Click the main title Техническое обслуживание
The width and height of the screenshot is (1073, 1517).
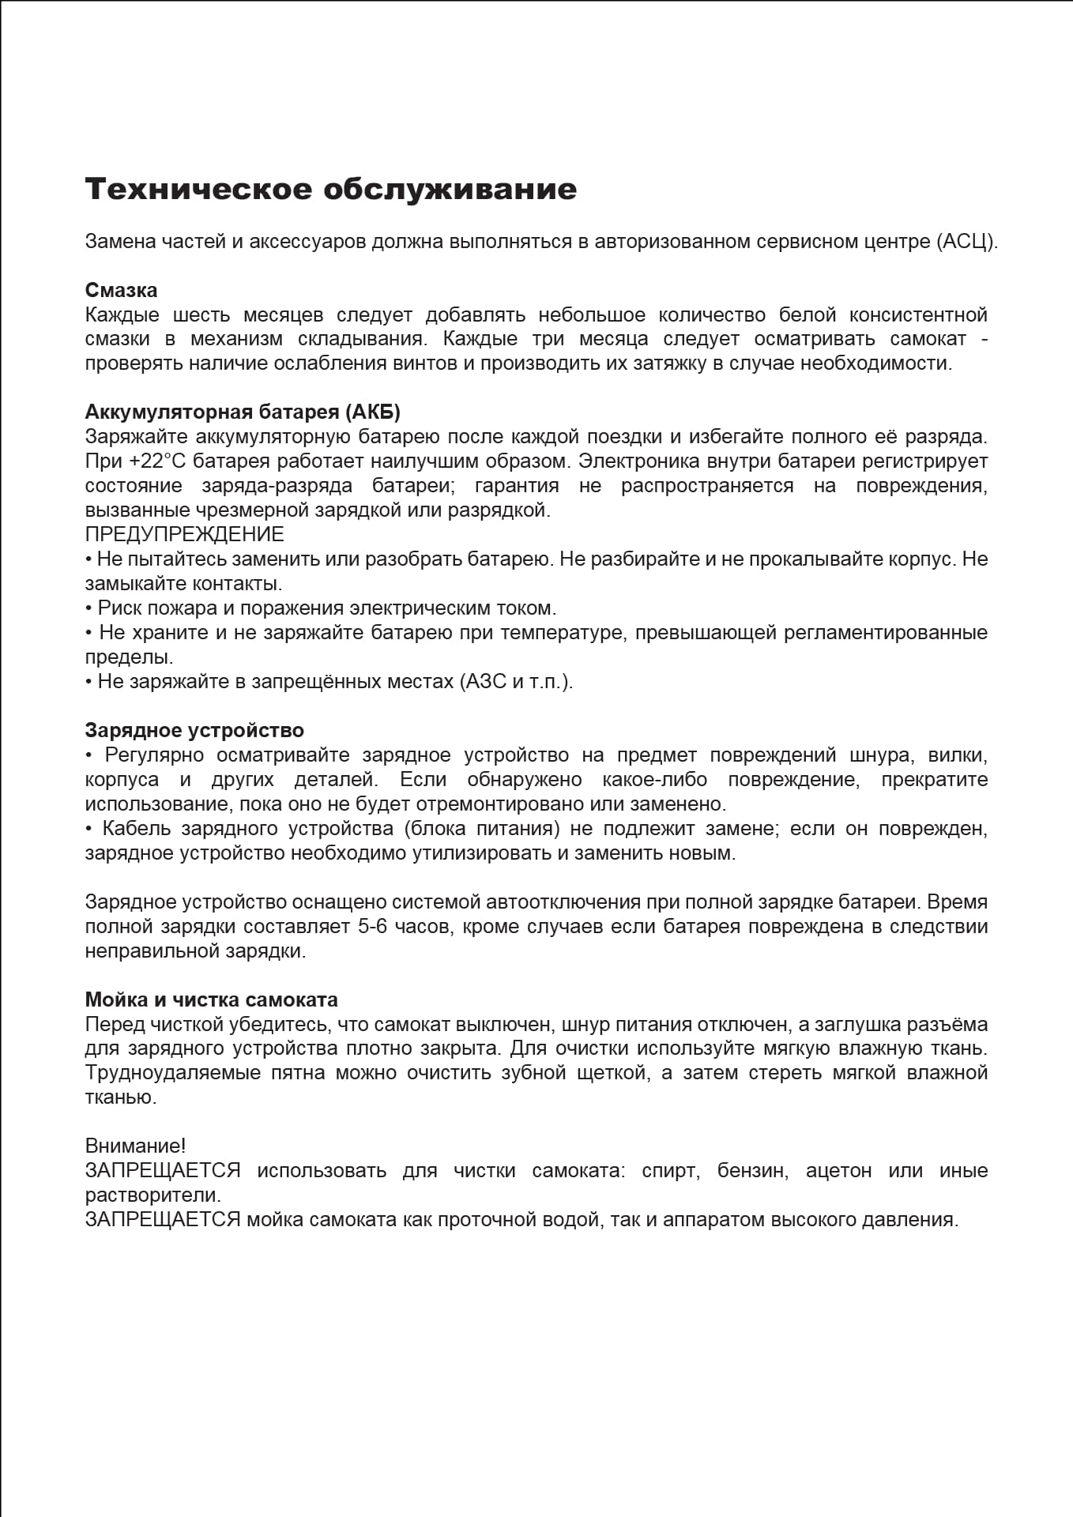(330, 190)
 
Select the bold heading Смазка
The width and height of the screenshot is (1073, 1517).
(121, 291)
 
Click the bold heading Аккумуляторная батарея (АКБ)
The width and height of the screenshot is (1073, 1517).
(243, 412)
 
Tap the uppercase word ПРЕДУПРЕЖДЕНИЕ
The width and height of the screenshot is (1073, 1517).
(184, 535)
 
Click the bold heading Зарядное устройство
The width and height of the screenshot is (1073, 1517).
(194, 731)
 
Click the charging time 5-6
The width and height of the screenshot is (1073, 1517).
(372, 927)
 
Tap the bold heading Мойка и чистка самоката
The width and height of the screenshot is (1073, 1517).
(211, 1000)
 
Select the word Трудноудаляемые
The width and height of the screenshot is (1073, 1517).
(173, 1073)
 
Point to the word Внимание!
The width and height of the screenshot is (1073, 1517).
(135, 1146)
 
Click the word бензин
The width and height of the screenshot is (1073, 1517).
(752, 1171)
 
